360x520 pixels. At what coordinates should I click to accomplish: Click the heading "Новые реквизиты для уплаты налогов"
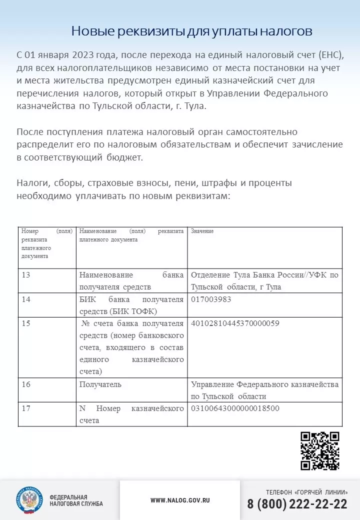point(192,31)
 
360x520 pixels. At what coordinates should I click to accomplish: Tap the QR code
point(320,450)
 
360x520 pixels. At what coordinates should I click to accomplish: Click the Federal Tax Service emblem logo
point(29,500)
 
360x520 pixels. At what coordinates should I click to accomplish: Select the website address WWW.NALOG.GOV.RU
point(180,500)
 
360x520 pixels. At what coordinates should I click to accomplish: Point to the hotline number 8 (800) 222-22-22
point(297,504)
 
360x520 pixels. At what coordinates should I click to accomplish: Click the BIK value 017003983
point(211,299)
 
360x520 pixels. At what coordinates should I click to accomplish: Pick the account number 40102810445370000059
point(235,323)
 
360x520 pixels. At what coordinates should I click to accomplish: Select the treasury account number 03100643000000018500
point(235,408)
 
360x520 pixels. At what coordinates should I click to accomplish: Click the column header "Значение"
point(202,231)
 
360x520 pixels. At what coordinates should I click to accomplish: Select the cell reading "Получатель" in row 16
point(100,384)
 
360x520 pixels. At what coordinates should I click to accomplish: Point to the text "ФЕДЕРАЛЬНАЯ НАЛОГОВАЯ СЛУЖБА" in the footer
point(76,500)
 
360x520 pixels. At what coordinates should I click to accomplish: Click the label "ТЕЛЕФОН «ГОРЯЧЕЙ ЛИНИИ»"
point(306,492)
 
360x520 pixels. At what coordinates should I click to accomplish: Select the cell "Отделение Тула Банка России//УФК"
point(264,280)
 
